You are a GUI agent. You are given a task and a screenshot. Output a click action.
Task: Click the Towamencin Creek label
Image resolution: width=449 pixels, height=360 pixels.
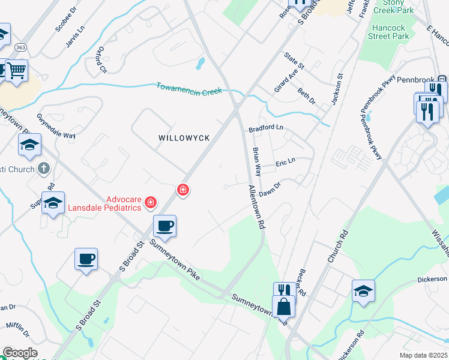click(189, 88)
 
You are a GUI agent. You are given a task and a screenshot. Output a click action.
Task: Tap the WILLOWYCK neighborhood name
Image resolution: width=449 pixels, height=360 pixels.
click(184, 138)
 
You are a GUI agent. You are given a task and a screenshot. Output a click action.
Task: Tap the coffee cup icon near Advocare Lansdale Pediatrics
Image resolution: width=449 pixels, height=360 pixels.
click(164, 226)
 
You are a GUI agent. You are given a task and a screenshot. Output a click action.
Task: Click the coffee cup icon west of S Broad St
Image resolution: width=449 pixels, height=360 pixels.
click(86, 259)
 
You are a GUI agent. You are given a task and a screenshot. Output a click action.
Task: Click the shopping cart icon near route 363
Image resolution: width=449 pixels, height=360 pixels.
click(17, 71)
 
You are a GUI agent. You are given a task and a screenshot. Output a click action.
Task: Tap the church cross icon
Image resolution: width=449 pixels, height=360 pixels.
click(43, 169)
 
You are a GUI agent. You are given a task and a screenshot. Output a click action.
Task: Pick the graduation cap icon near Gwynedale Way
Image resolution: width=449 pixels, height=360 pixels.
click(29, 145)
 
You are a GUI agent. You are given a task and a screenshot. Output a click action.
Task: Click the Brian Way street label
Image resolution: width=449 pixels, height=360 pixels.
click(256, 161)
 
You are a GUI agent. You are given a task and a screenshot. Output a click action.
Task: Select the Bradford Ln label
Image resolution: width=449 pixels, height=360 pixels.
click(265, 128)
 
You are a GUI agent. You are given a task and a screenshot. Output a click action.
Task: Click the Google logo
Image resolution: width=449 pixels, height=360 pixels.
click(19, 353)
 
